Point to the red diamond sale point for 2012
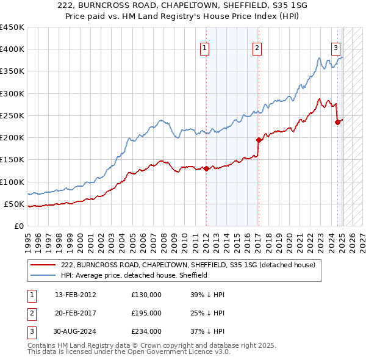(206, 168)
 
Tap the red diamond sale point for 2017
(259, 140)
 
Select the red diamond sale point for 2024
(337, 123)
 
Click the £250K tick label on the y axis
(12, 115)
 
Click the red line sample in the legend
(42, 265)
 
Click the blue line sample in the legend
(42, 275)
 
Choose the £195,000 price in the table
(146, 313)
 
